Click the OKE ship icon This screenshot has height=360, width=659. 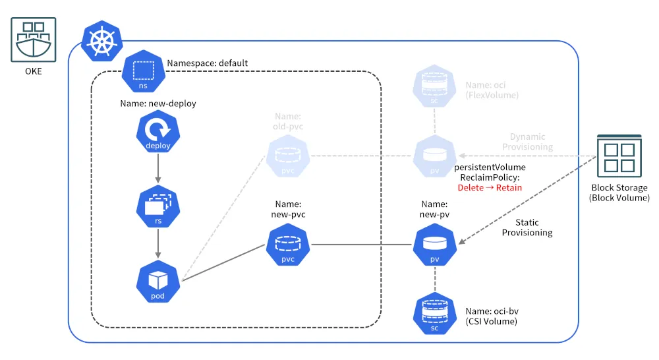point(33,40)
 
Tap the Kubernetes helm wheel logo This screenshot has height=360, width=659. point(101,42)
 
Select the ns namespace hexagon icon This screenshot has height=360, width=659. point(143,71)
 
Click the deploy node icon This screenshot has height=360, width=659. point(158,131)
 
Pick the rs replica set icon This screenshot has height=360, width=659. point(158,206)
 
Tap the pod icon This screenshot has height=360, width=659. point(158,282)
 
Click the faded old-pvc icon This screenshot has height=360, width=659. point(288,156)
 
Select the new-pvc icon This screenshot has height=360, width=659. point(288,245)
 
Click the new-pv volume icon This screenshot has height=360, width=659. point(434,245)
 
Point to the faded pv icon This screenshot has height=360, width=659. point(434,156)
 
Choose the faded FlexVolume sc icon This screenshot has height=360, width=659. point(434,86)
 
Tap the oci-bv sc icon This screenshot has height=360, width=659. point(434,314)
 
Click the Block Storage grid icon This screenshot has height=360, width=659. point(619,156)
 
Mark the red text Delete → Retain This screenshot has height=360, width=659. point(490,187)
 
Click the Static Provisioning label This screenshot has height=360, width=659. point(527,227)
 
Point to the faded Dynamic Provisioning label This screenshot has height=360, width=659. point(527,142)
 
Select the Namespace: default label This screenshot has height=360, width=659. point(207,63)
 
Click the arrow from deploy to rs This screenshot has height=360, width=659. point(158,169)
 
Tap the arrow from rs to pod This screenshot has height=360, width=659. point(158,243)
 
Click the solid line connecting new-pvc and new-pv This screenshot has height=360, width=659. point(361,245)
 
